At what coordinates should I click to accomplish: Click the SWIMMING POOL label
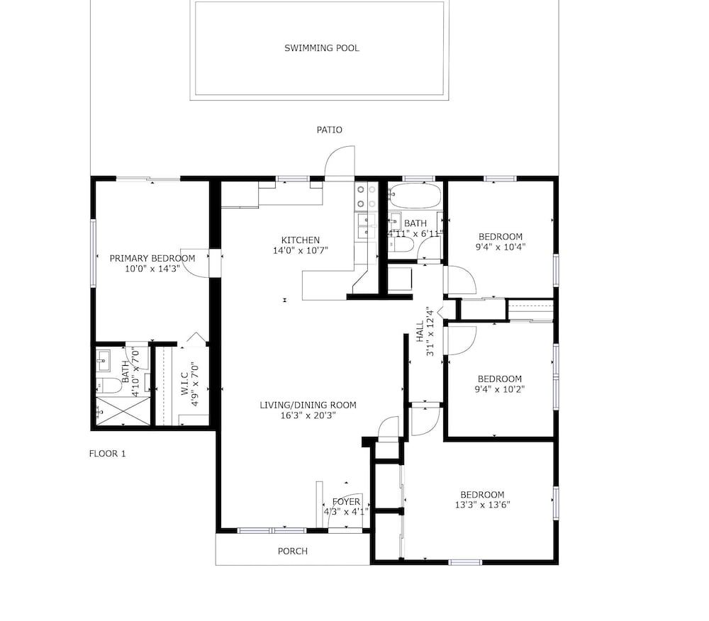coord(321,48)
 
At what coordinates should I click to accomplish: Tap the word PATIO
coord(329,130)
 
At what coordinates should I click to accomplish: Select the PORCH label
coord(293,551)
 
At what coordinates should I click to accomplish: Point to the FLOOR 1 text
coord(107,453)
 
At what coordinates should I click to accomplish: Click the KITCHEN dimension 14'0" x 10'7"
coord(300,250)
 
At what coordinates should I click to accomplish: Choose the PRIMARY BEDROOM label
coord(152,258)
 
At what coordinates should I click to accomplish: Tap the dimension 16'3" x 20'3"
coord(308,415)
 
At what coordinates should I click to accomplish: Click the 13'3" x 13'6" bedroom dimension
coord(482,505)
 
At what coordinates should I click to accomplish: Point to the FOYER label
coord(347,501)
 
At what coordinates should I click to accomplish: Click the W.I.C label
coord(184,384)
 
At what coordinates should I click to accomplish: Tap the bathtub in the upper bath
coord(415,196)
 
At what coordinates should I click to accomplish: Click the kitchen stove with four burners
coord(365,196)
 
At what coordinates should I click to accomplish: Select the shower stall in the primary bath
coord(123,411)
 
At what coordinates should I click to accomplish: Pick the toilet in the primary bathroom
coord(109,386)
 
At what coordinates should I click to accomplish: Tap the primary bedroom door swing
coord(195,262)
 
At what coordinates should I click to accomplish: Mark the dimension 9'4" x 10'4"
coord(501,247)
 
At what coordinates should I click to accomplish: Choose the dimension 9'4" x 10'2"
coord(500,389)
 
